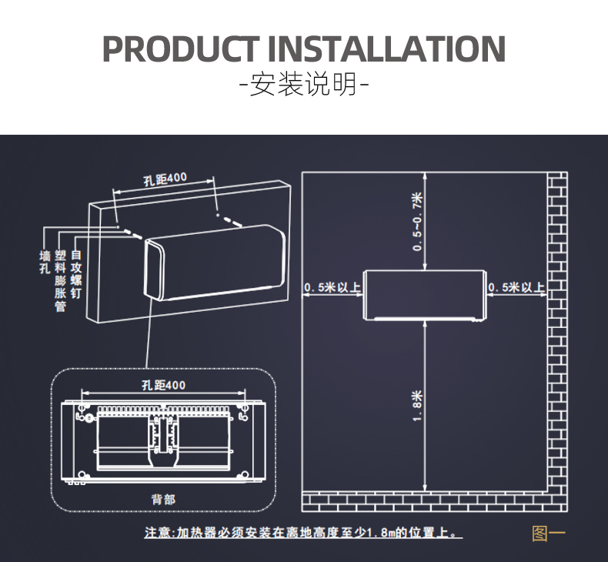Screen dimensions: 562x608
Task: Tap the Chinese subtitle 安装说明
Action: coord(304,83)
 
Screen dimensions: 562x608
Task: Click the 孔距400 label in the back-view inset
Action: coord(164,385)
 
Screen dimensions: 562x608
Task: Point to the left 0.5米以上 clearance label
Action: coord(333,288)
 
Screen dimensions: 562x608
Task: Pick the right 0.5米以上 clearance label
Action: coord(516,288)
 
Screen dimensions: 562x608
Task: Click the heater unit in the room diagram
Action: coord(426,294)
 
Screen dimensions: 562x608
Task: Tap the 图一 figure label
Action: coord(549,533)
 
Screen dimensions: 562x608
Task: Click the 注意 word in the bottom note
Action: coord(159,533)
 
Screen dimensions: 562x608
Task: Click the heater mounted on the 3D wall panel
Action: coord(215,262)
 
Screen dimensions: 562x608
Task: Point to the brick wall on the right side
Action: coord(558,331)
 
